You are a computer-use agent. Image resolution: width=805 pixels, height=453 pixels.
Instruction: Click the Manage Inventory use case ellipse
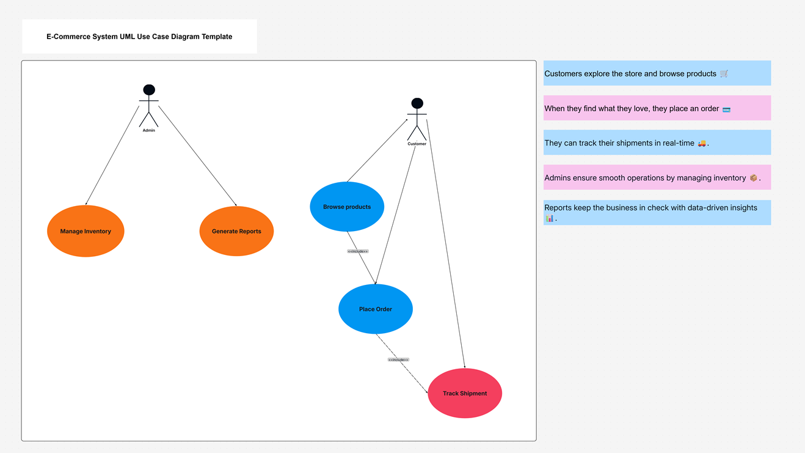(86, 231)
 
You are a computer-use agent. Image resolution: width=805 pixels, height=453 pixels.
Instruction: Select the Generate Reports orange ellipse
(236, 231)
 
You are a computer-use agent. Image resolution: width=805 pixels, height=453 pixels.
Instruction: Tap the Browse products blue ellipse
(347, 207)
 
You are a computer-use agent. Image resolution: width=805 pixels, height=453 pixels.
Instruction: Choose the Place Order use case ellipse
(376, 309)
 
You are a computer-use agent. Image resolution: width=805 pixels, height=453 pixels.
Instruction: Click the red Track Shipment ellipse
(465, 393)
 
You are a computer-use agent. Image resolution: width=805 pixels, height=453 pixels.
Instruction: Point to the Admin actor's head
(149, 90)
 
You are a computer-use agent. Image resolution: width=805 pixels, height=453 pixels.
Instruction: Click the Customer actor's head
(417, 103)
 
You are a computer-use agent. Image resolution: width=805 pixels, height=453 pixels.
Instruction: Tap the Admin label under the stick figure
(149, 130)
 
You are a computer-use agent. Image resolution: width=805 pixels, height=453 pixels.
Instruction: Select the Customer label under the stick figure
(417, 144)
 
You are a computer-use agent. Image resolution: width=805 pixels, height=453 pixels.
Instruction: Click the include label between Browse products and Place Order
(358, 251)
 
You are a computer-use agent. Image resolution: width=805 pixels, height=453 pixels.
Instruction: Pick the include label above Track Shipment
(398, 359)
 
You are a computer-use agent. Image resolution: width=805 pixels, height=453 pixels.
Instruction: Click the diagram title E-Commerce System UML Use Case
(139, 37)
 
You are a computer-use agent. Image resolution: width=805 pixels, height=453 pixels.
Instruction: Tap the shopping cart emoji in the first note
(724, 74)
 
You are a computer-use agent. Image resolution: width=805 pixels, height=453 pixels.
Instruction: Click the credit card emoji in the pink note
(726, 109)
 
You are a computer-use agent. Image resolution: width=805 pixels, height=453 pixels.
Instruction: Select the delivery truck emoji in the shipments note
(702, 143)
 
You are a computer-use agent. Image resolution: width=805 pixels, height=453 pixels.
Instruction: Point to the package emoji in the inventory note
(754, 178)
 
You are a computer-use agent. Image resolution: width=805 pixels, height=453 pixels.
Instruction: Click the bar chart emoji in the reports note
(550, 218)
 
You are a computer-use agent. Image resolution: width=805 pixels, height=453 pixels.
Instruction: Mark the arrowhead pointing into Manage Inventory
(86, 204)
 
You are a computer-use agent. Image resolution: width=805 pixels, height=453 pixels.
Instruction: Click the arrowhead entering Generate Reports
(236, 205)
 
